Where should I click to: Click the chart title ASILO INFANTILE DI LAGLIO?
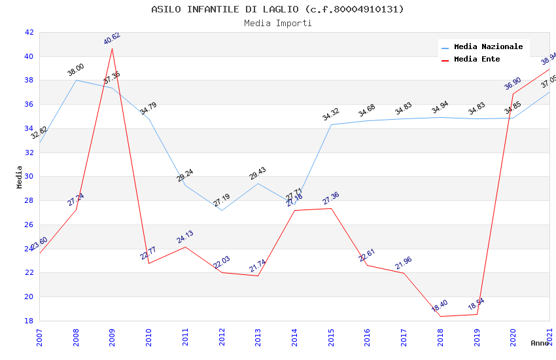pyautogui.click(x=277, y=9)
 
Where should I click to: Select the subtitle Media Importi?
pyautogui.click(x=277, y=23)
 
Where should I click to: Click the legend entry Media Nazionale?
pyautogui.click(x=488, y=47)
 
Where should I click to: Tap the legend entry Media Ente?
pyautogui.click(x=477, y=60)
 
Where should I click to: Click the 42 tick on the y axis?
pyautogui.click(x=29, y=32)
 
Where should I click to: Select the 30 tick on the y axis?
pyautogui.click(x=29, y=177)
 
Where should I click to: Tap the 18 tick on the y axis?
pyautogui.click(x=29, y=321)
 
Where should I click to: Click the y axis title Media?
pyautogui.click(x=20, y=177)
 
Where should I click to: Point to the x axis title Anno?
pyautogui.click(x=540, y=343)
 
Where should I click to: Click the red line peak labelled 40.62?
pyautogui.click(x=113, y=48)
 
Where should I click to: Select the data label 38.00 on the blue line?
pyautogui.click(x=76, y=69)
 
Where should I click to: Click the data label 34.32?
pyautogui.click(x=331, y=115)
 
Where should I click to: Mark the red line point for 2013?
pyautogui.click(x=258, y=276)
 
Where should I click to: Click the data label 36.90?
pyautogui.click(x=513, y=84)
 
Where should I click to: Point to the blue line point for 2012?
pyautogui.click(x=222, y=210)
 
